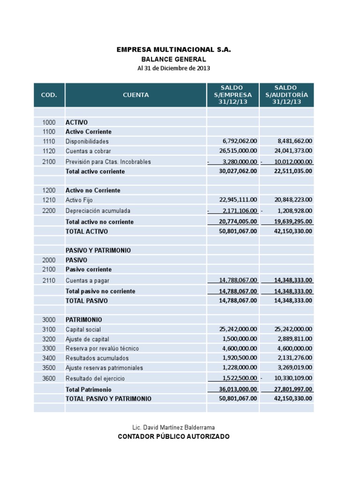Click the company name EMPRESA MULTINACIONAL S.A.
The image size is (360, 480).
point(174,49)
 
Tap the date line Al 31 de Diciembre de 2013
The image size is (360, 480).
point(173,68)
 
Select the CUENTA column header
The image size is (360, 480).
point(136,95)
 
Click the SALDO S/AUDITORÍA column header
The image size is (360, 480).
point(286,95)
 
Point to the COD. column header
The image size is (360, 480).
point(49,95)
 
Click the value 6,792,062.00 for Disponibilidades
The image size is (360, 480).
point(240,141)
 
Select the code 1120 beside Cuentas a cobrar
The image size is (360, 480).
point(49,151)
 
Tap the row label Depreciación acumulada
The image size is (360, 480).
point(98,211)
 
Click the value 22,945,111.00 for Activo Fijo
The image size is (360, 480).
point(238,200)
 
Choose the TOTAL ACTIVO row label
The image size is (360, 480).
point(87,232)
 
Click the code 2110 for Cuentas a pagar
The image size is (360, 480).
point(49,281)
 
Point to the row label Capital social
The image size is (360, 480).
point(83,330)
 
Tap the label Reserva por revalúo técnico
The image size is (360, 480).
point(102,349)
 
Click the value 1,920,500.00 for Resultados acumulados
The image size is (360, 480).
point(240,358)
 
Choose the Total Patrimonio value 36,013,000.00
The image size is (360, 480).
point(238,389)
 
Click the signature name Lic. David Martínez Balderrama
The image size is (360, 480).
point(173,427)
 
